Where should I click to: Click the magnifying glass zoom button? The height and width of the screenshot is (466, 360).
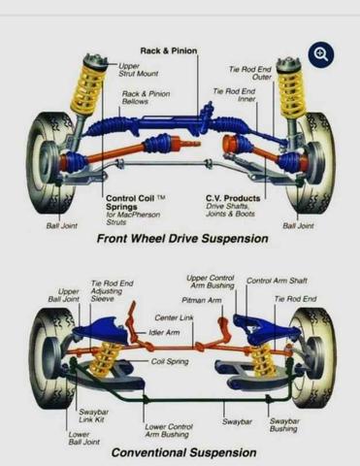click(321, 54)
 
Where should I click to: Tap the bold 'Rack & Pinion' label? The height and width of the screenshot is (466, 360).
click(169, 50)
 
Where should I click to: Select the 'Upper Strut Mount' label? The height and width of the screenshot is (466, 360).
click(139, 70)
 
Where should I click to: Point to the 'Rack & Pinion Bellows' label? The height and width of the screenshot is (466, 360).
click(146, 98)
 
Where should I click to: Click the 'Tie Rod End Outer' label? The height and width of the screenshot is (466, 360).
click(250, 73)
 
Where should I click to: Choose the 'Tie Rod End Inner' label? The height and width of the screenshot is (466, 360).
click(234, 95)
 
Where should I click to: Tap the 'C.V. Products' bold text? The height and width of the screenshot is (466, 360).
click(233, 198)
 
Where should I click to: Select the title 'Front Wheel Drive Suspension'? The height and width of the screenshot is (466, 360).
click(182, 239)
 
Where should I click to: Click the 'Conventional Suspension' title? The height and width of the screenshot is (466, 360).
click(183, 452)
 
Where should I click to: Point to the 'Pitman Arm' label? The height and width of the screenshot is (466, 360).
click(202, 301)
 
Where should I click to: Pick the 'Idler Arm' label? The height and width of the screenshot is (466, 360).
click(164, 332)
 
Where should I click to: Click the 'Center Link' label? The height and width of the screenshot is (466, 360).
click(174, 317)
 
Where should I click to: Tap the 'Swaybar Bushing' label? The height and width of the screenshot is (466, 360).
click(284, 425)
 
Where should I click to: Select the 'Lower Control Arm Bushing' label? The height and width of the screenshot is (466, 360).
click(169, 431)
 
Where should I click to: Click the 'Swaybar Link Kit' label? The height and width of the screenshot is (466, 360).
click(94, 416)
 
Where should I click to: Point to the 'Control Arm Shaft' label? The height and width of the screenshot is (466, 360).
click(277, 281)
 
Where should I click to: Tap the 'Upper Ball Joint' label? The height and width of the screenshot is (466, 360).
click(64, 295)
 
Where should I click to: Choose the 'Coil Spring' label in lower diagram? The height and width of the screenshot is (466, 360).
click(170, 361)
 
